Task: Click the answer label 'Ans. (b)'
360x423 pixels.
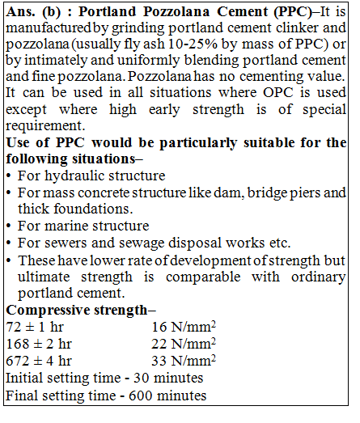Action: tap(32, 14)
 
